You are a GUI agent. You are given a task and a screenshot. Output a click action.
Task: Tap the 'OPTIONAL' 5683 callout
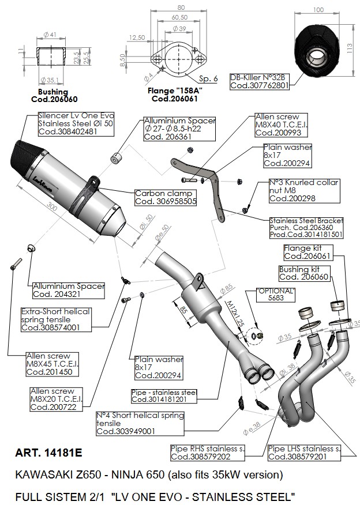click(x=276, y=295)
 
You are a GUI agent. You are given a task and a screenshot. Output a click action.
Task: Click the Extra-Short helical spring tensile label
click(x=55, y=319)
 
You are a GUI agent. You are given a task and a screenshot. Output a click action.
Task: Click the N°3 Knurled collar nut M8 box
click(x=304, y=190)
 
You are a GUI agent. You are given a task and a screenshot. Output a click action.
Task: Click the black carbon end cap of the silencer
click(x=26, y=152)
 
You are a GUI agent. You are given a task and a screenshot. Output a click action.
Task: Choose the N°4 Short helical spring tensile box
click(x=140, y=423)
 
